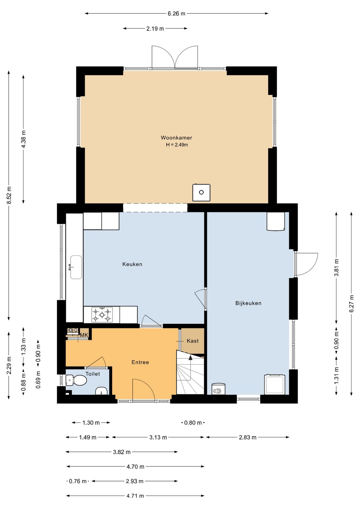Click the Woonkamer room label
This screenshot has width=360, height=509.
176,138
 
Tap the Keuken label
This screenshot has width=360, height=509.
132,264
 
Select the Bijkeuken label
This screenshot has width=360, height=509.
248,303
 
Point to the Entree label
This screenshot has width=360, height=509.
140,362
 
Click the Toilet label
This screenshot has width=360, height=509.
93,374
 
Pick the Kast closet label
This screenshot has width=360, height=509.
193,341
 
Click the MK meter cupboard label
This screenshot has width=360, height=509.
84,335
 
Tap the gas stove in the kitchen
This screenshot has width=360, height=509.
102,315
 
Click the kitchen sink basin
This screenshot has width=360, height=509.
76,267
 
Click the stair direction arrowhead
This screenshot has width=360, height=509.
190,358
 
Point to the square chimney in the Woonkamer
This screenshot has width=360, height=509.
201,192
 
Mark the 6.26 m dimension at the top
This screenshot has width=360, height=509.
176,14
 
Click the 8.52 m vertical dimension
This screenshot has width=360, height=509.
9,195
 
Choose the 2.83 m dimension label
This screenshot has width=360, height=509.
248,437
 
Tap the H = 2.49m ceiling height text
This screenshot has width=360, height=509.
177,144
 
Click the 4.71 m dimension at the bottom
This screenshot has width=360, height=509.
135,496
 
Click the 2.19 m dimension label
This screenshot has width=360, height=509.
155,29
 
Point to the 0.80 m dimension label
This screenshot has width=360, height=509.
193,423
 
